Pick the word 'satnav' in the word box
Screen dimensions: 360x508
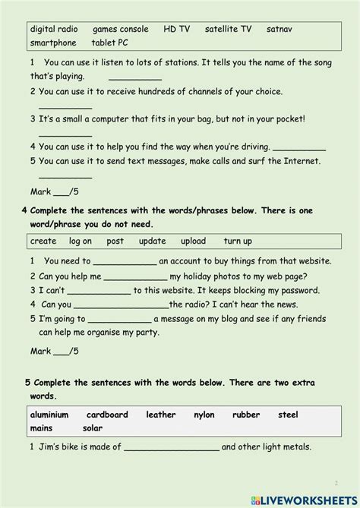[x=279, y=29]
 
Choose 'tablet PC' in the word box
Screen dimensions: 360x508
[x=110, y=43]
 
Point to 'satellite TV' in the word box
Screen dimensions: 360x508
[x=228, y=29]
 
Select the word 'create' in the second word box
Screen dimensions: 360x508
[x=43, y=241]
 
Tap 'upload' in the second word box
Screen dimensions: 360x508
[x=193, y=241]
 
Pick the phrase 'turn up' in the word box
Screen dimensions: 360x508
[x=238, y=241]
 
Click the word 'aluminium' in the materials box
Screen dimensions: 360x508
[x=49, y=415]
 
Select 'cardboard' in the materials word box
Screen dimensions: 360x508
[x=107, y=415]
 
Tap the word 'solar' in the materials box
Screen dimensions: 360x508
[x=93, y=428]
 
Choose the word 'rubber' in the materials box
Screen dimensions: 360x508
[x=246, y=415]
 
